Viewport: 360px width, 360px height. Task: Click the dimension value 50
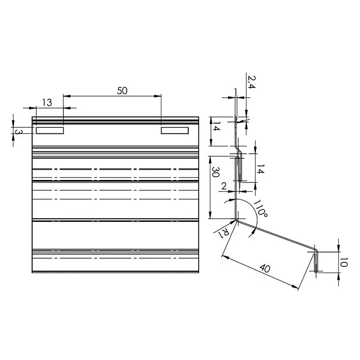pyautogui.click(x=122, y=91)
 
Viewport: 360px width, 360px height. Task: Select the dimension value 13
pyautogui.click(x=47, y=102)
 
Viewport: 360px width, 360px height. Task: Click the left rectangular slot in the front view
pyautogui.click(x=50, y=131)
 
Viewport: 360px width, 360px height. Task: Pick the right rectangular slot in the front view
pyautogui.click(x=175, y=131)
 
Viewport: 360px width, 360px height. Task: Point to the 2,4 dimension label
pyautogui.click(x=251, y=82)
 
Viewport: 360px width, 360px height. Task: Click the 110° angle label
pyautogui.click(x=260, y=208)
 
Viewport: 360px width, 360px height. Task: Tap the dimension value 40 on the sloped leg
pyautogui.click(x=265, y=268)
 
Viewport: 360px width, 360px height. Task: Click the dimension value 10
pyautogui.click(x=343, y=262)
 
